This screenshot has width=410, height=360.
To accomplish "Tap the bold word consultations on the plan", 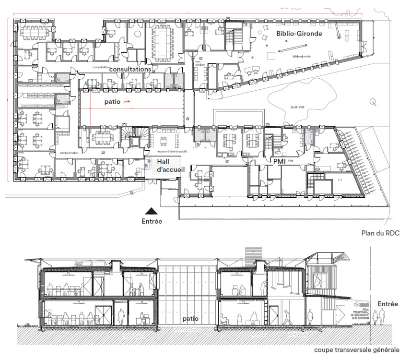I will click(x=130, y=69).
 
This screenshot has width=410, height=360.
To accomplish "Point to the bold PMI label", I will click(x=280, y=162).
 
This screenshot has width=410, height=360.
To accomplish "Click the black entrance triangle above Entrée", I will click(x=152, y=210).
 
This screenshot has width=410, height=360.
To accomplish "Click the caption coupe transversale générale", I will click(x=356, y=350).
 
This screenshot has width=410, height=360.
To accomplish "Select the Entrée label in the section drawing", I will click(x=387, y=304).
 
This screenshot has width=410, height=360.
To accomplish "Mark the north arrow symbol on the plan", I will click(x=373, y=102).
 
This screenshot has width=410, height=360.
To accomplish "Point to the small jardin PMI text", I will click(x=298, y=107).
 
